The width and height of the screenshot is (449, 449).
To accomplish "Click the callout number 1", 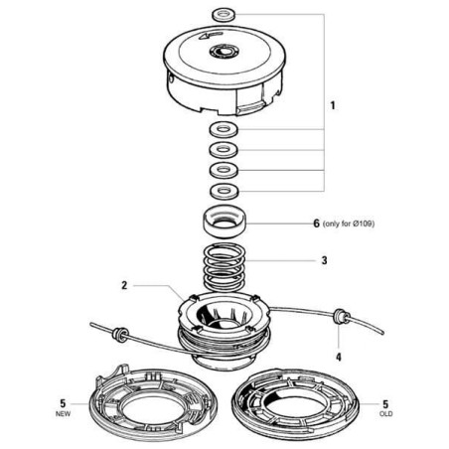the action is coord(333,106).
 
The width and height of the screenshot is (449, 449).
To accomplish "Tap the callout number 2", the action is coord(124,285).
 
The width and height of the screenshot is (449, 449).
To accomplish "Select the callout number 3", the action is coord(324,260).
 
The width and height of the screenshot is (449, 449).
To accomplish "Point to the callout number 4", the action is coord(339,357).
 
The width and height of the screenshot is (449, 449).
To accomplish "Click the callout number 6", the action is coord(317,224).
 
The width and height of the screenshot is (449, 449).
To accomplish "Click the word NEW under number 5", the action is coord(63,414).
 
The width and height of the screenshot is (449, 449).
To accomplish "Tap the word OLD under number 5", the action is coord(386,414).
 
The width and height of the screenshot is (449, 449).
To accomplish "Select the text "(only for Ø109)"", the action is coord(349,224).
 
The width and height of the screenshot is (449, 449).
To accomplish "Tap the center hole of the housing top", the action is coord(224,52).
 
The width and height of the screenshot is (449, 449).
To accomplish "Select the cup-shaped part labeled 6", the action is coord(224,222).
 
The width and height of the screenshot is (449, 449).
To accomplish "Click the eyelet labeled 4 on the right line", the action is coord(341,317).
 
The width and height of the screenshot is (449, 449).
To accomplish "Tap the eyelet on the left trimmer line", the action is coord(120,334).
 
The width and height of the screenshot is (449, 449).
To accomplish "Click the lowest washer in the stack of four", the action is coord(224,191).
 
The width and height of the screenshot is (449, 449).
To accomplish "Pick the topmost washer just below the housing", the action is coord(224,129).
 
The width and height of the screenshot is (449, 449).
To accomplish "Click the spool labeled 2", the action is coord(224,331).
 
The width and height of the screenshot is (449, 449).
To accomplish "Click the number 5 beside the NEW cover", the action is coord(63,403).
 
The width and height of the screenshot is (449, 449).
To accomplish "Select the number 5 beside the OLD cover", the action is coord(385,403).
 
